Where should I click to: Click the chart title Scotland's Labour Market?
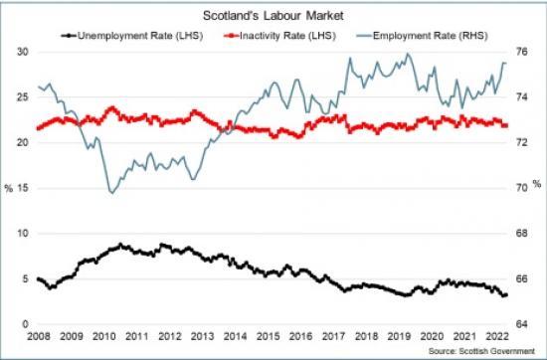[x=273, y=16]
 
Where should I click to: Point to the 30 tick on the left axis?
[x=22, y=51]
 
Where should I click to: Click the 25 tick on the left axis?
[x=22, y=96]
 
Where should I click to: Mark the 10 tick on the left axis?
[x=22, y=234]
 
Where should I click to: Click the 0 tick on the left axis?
[x=25, y=324]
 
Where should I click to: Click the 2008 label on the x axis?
[x=38, y=339]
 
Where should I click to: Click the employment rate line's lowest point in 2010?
[x=109, y=192]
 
